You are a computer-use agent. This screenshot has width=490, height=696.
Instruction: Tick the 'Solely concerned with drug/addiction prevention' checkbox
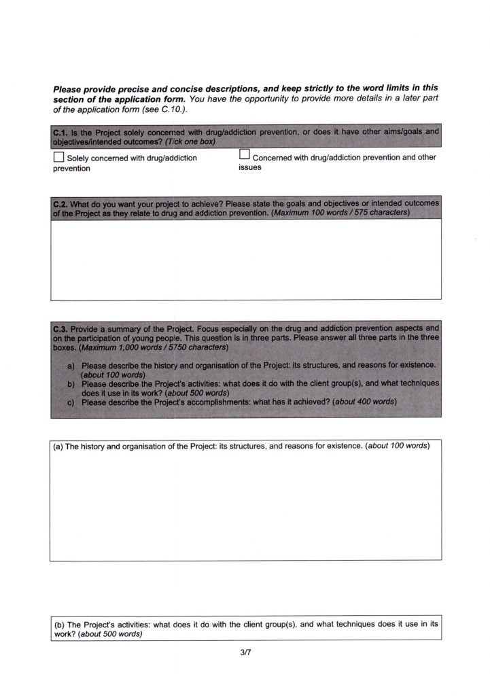coord(58,158)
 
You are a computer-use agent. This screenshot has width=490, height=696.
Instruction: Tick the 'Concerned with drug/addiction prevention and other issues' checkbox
coord(245,156)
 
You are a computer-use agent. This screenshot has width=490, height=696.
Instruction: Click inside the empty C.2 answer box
coord(245,258)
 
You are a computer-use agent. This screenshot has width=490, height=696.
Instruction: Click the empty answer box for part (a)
coord(245,506)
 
